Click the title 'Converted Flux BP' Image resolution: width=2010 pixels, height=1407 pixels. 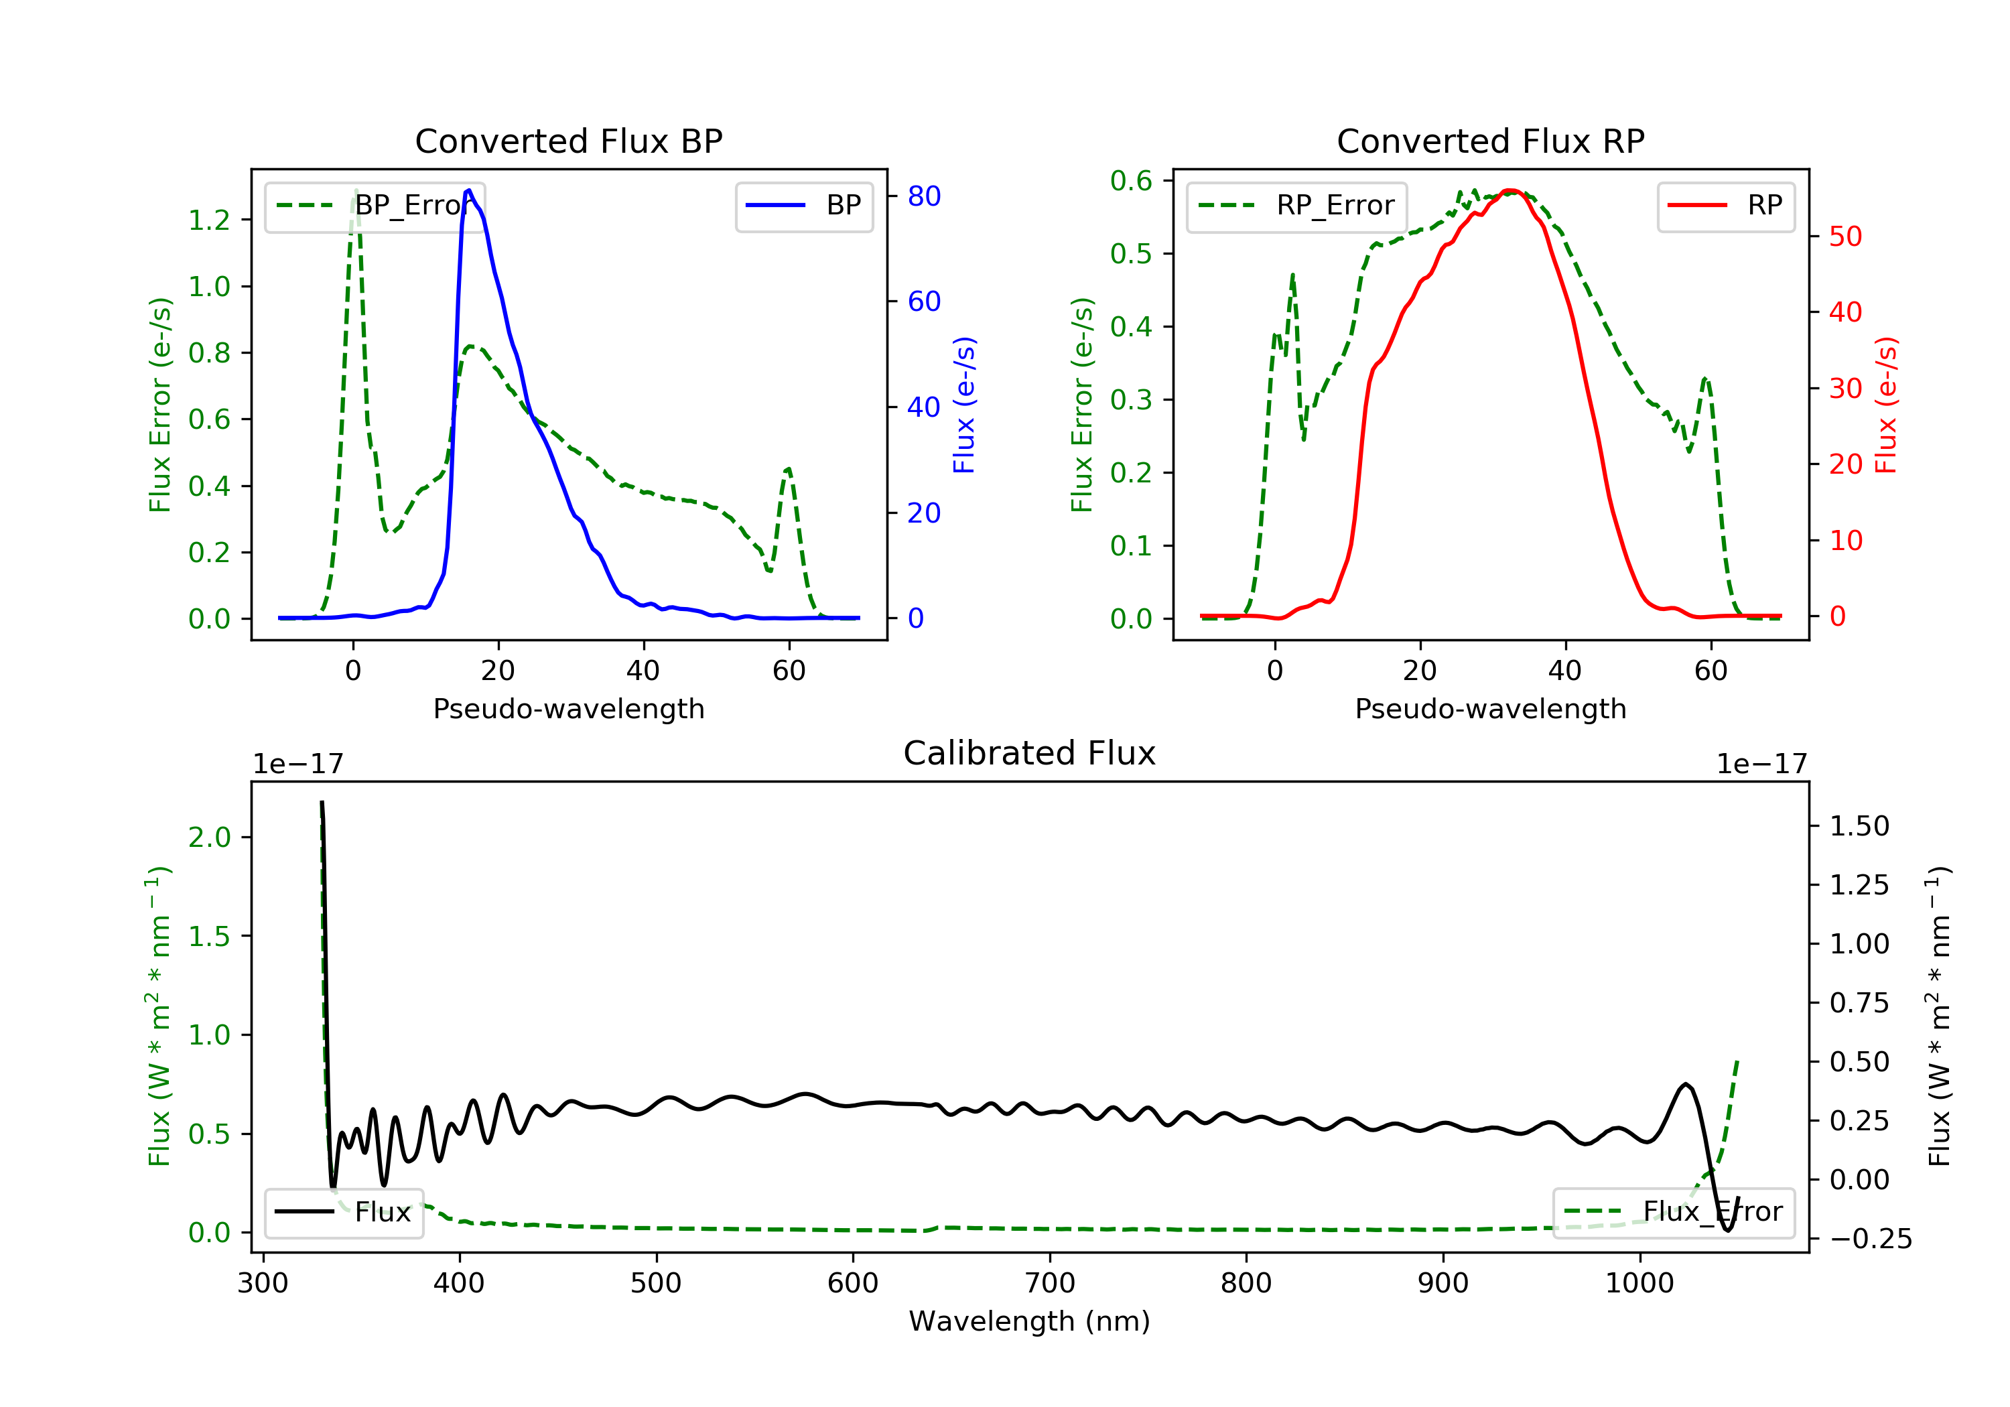pos(568,141)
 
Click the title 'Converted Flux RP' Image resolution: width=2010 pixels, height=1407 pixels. pos(1490,141)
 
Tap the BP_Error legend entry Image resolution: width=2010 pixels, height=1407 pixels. pos(375,206)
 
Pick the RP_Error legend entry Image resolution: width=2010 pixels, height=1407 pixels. pos(1296,206)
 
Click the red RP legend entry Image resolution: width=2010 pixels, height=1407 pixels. pos(1725,206)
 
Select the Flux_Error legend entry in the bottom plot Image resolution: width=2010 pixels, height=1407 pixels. pos(1673,1212)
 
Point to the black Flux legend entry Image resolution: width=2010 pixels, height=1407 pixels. pos(344,1212)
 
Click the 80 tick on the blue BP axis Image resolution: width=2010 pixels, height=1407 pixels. pos(923,196)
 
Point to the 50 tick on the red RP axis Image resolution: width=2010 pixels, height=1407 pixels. pos(1845,237)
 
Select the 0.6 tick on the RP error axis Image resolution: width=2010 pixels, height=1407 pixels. pos(1131,182)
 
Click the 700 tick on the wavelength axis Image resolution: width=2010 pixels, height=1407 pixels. pos(1050,1284)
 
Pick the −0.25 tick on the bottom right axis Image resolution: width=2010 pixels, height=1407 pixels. pos(1870,1239)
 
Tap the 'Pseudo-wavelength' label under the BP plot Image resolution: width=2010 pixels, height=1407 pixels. pos(568,708)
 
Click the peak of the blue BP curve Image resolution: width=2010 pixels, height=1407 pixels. pos(469,190)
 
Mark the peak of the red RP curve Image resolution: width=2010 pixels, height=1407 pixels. pos(1510,190)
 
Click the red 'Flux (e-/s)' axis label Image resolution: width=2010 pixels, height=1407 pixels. pos(1885,405)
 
